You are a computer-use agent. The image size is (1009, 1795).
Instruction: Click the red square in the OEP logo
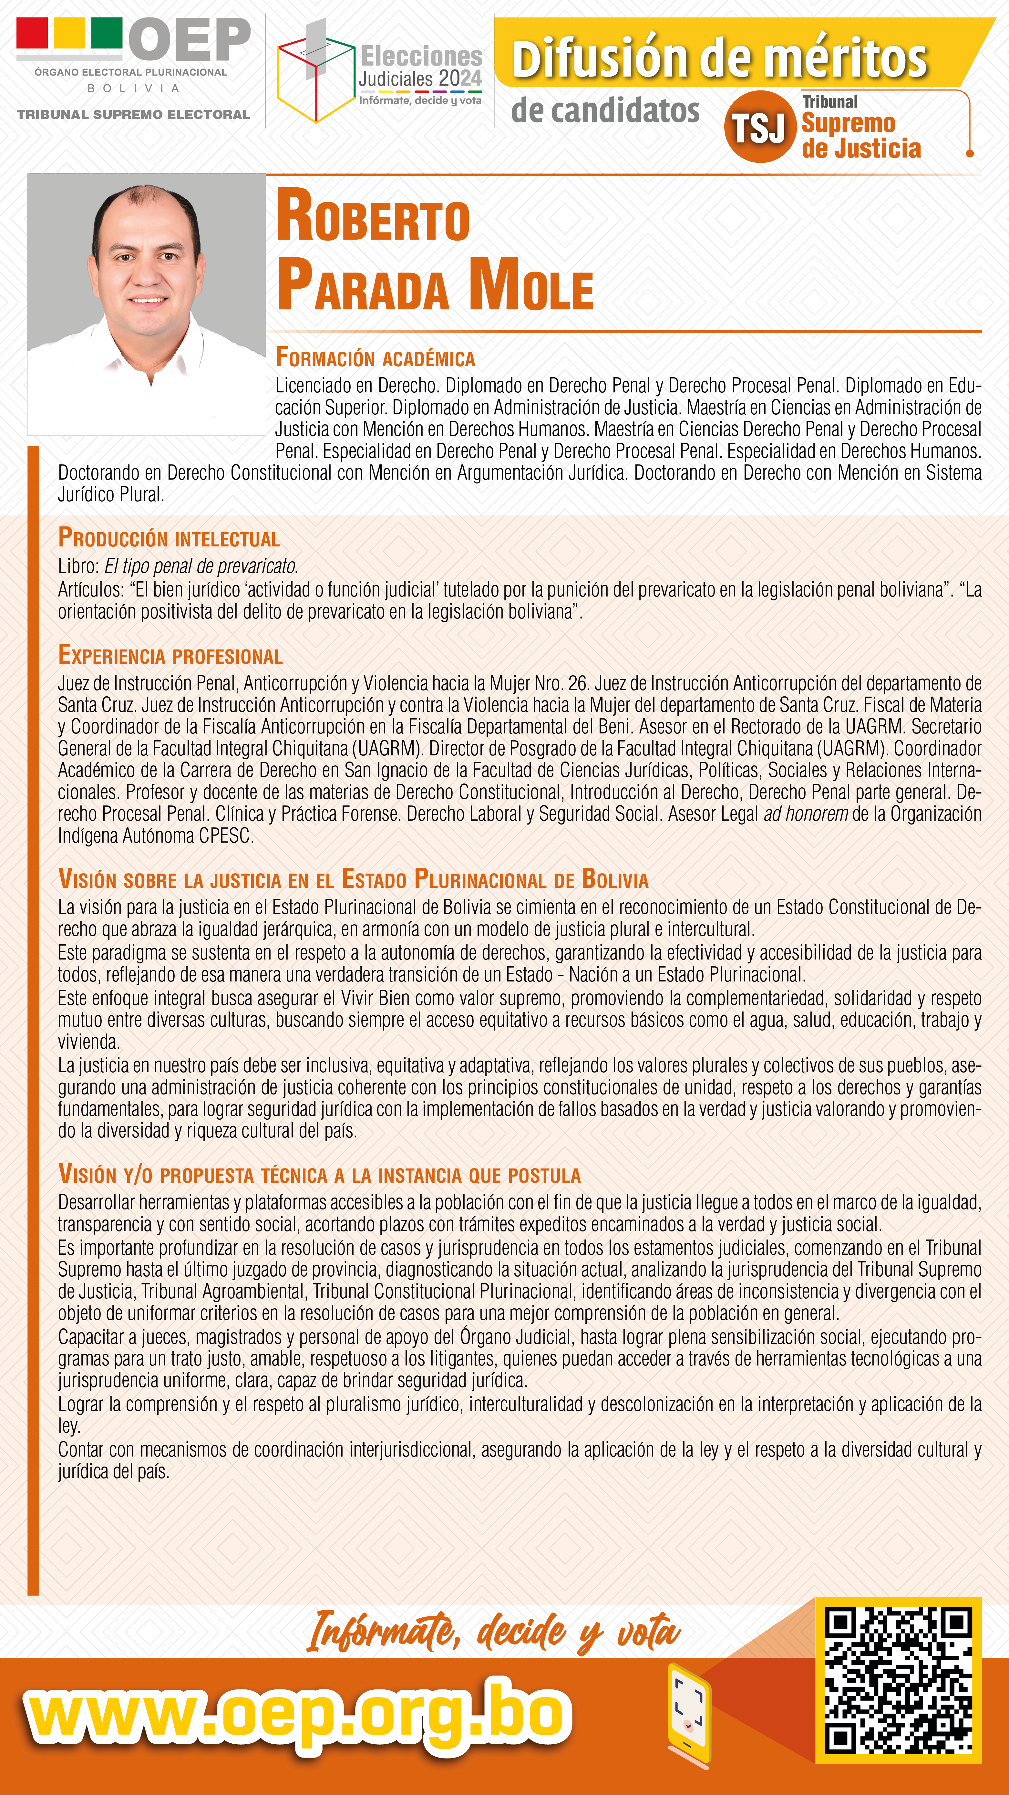[x=32, y=33]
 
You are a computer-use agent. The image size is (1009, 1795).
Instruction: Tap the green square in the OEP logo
[x=107, y=33]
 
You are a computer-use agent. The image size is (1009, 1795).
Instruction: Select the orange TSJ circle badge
[x=759, y=127]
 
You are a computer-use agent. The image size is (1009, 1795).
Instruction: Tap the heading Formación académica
[x=375, y=358]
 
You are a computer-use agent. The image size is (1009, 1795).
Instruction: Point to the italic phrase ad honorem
[x=806, y=814]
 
